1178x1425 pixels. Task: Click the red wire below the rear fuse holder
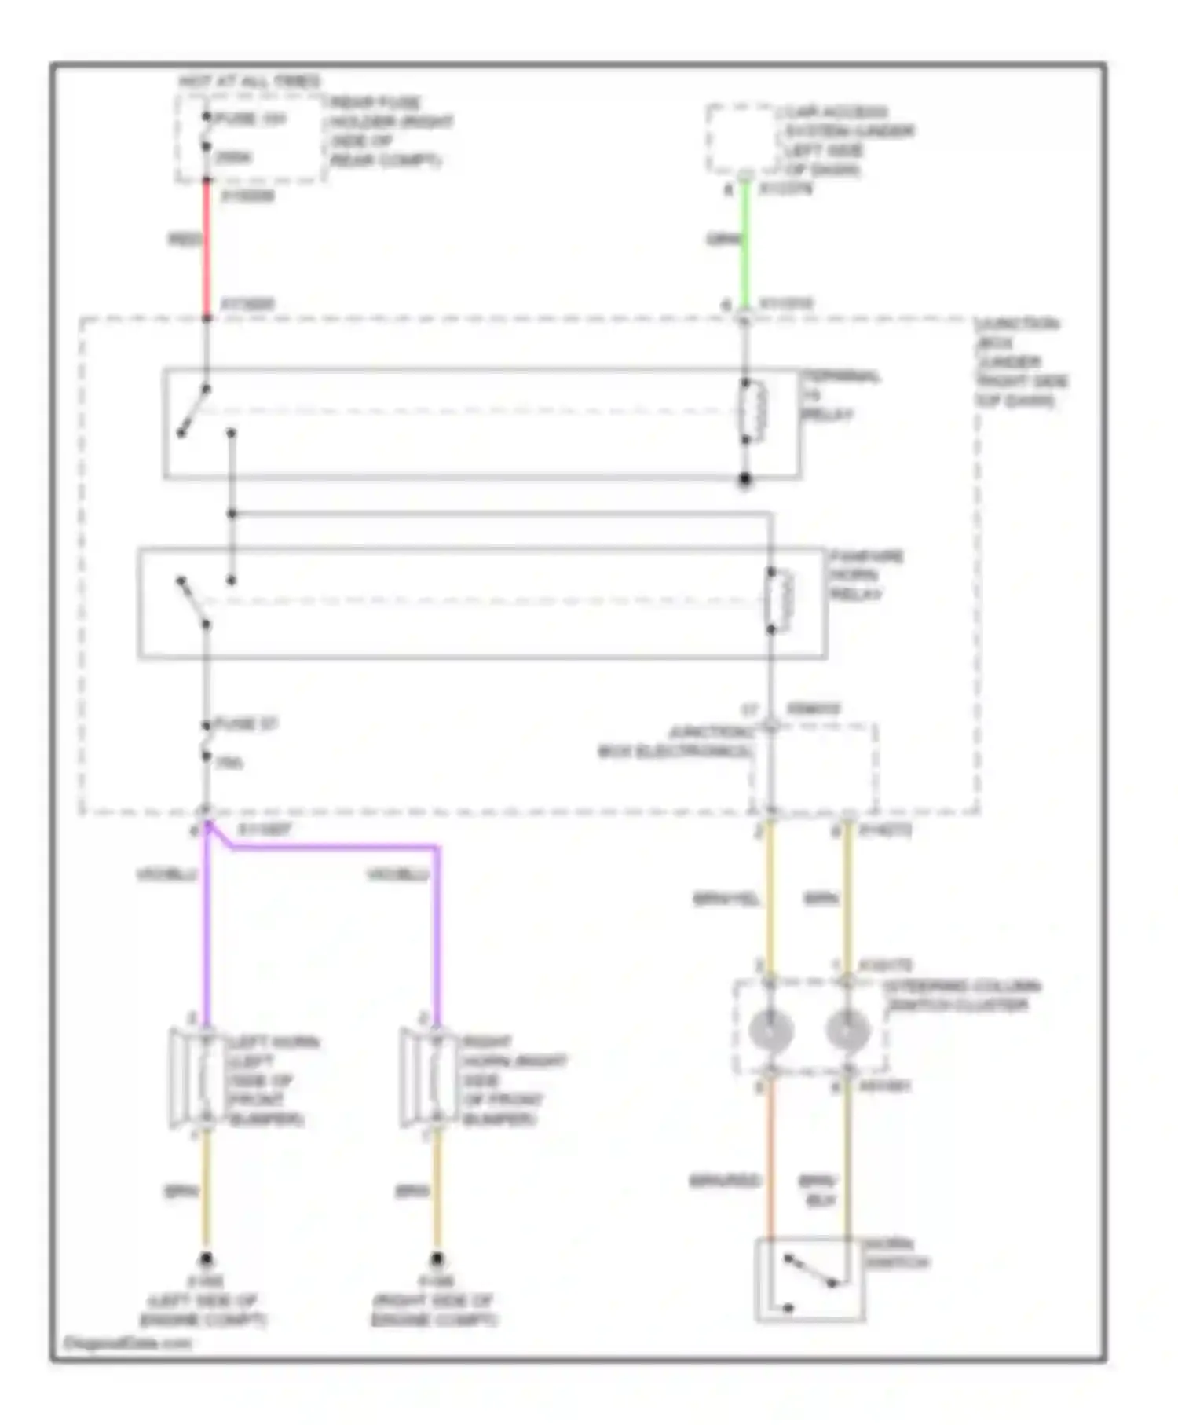click(207, 247)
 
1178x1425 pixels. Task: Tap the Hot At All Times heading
click(249, 81)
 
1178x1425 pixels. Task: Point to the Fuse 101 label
click(251, 119)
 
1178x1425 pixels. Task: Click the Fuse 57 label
click(246, 723)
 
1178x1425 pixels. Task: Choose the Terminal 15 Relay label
click(839, 395)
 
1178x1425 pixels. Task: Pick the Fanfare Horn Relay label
click(866, 575)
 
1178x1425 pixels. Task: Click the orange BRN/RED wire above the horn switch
click(770, 1163)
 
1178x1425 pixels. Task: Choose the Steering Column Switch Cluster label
click(961, 995)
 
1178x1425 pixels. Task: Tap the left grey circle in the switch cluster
click(770, 1031)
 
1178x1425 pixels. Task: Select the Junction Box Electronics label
click(676, 742)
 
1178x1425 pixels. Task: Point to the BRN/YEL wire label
click(726, 899)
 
